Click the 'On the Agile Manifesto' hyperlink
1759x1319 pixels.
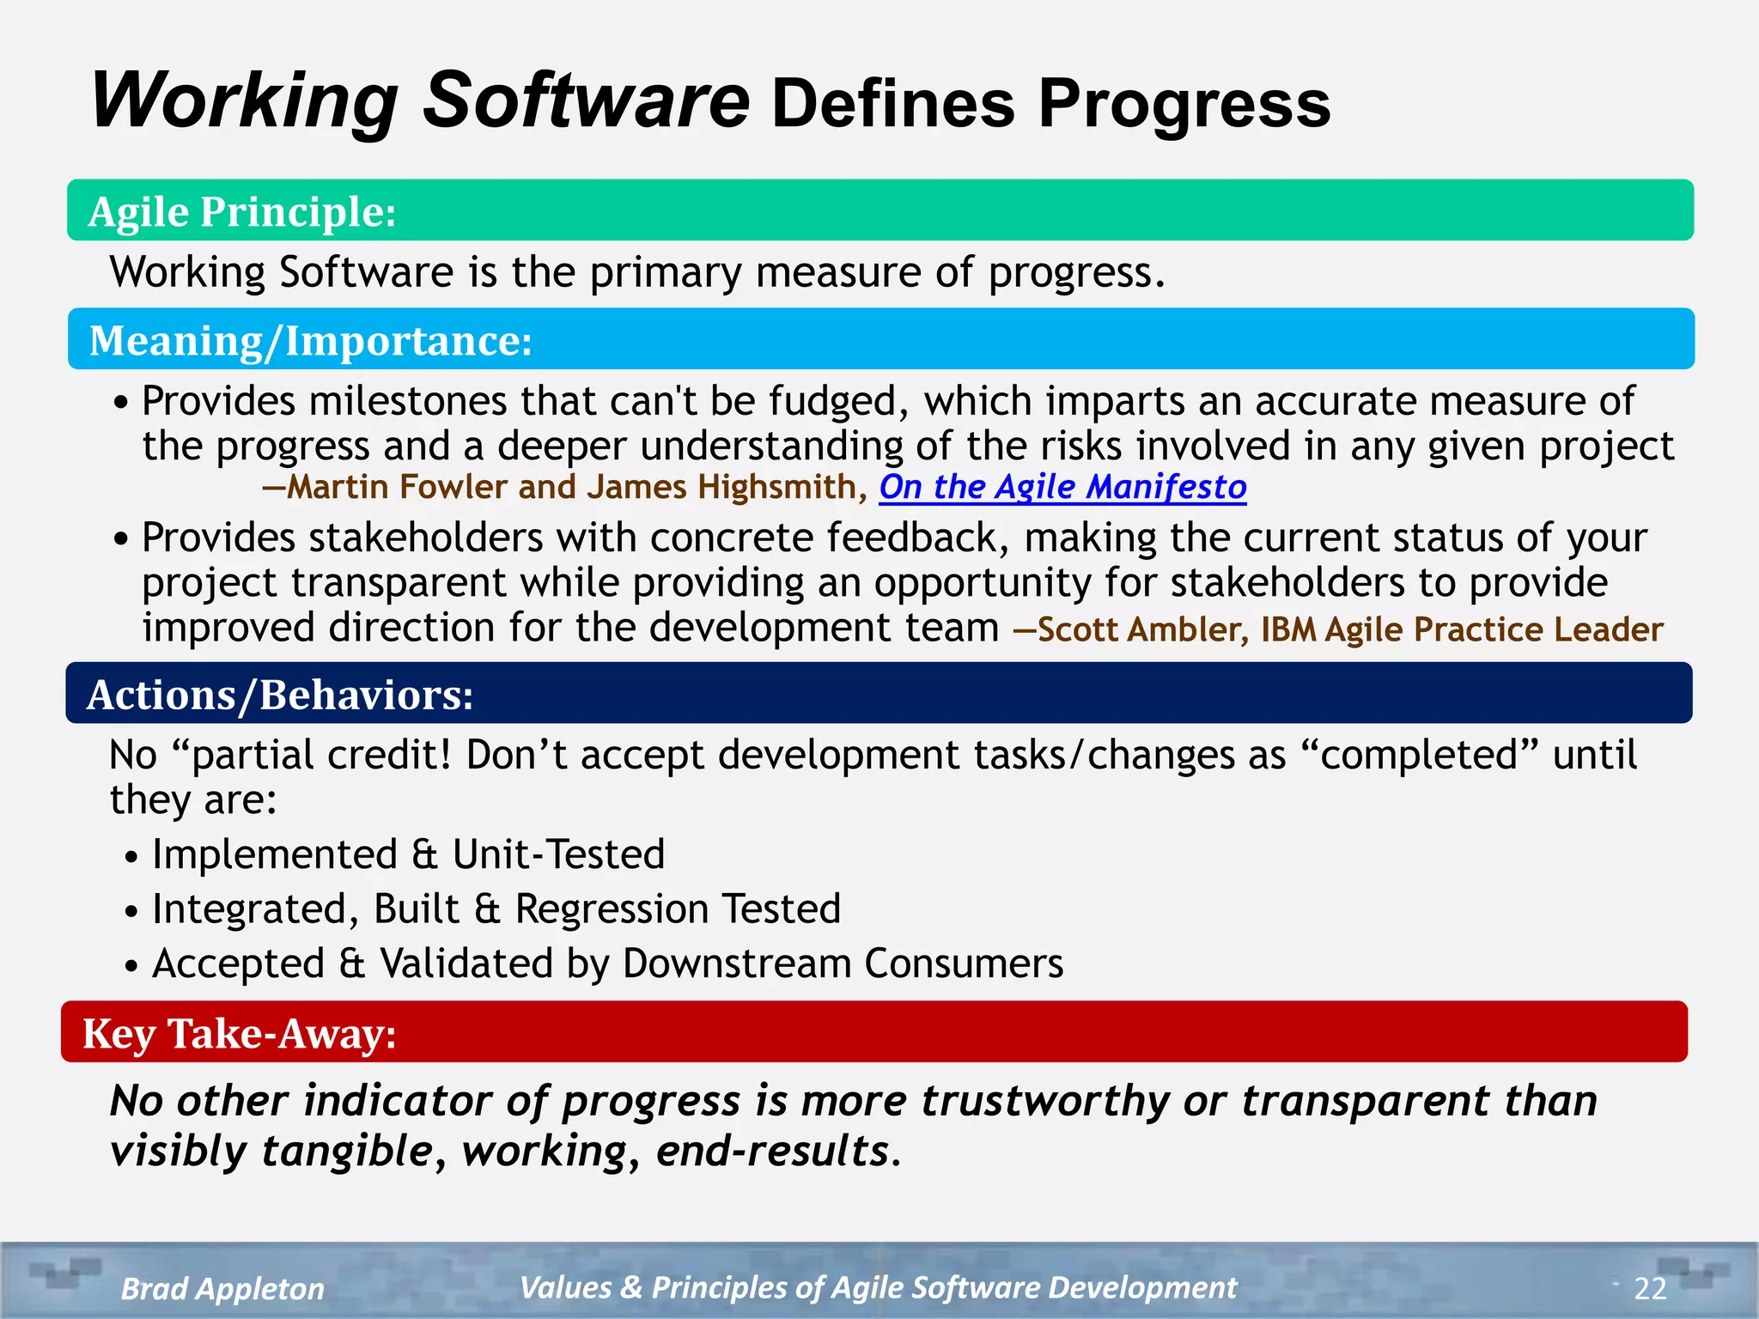[1062, 487]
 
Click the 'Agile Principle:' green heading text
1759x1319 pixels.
[242, 211]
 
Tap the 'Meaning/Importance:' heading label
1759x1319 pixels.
[310, 340]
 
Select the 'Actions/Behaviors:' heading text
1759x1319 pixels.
[280, 695]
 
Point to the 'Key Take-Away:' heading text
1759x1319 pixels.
[240, 1033]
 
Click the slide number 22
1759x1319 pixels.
[1650, 1288]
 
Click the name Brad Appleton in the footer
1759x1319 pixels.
[222, 1288]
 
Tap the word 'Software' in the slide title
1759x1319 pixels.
[586, 100]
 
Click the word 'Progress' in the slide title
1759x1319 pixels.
[1184, 104]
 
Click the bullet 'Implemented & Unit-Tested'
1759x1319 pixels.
[408, 854]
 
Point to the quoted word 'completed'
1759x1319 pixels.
[1419, 755]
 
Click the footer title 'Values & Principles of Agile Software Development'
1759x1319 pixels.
[878, 1287]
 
